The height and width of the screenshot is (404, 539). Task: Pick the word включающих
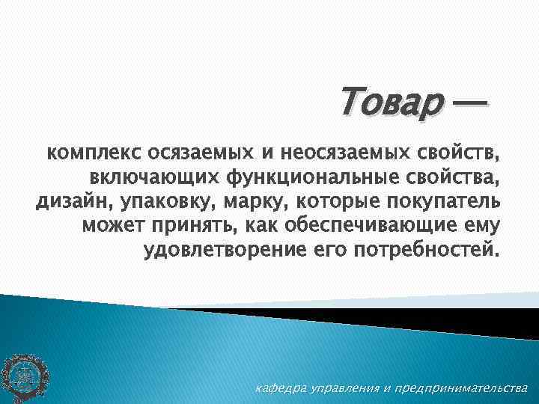tap(154, 178)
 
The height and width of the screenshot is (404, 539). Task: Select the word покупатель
tap(438, 201)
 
